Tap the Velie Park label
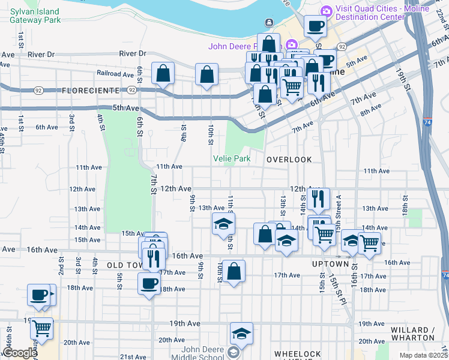click(231, 158)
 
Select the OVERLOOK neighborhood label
click(289, 160)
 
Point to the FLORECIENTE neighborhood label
click(91, 91)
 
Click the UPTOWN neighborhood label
click(330, 264)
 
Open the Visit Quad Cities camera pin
click(326, 10)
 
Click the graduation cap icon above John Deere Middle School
click(241, 333)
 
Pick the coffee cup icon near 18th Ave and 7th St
click(149, 284)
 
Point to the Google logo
click(20, 353)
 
